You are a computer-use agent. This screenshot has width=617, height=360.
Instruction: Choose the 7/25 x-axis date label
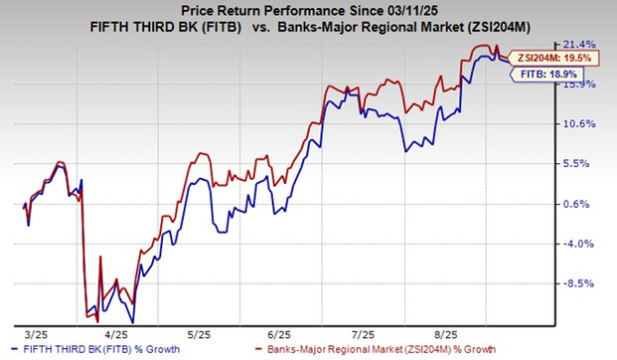(364, 332)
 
